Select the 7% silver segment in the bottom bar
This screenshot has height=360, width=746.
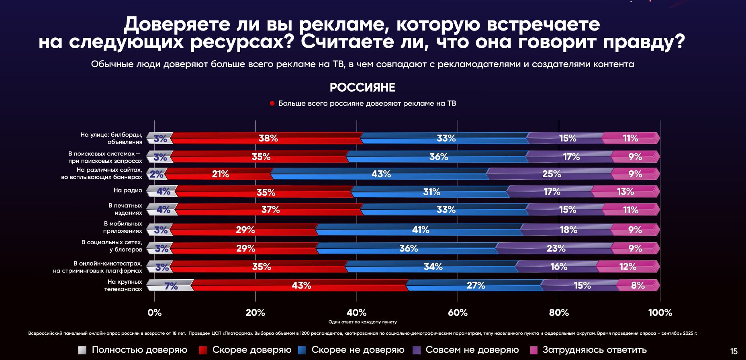[171, 286]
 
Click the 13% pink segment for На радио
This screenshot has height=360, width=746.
[625, 192]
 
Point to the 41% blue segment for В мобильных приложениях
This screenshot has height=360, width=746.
[420, 230]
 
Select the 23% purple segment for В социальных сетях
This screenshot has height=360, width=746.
[555, 248]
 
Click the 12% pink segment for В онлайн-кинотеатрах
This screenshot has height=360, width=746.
[627, 266]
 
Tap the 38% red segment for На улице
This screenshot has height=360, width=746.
[268, 138]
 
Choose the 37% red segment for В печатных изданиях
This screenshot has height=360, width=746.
[270, 209]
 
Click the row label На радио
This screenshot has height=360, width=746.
[128, 190]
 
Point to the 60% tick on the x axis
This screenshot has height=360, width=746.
[458, 313]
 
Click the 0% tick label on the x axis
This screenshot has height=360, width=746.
[155, 313]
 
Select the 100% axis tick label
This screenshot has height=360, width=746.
[660, 313]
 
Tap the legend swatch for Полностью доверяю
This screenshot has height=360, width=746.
[82, 350]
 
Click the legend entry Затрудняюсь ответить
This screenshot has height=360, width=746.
[594, 350]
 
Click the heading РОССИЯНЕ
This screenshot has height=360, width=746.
[362, 87]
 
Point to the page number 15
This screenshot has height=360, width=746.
[734, 352]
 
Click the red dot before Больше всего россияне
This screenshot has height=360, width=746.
[272, 104]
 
